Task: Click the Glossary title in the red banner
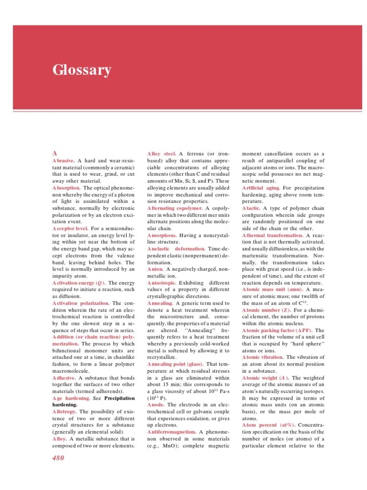[x=82, y=70]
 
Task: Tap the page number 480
[x=58, y=458]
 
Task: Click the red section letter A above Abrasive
[x=55, y=153]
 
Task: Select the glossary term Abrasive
[x=64, y=161]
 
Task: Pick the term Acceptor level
[x=70, y=229]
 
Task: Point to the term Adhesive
[x=65, y=378]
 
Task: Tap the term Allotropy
[x=65, y=412]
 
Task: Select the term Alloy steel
[x=162, y=154]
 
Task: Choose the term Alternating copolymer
[x=175, y=208]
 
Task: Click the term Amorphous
[x=162, y=235]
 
